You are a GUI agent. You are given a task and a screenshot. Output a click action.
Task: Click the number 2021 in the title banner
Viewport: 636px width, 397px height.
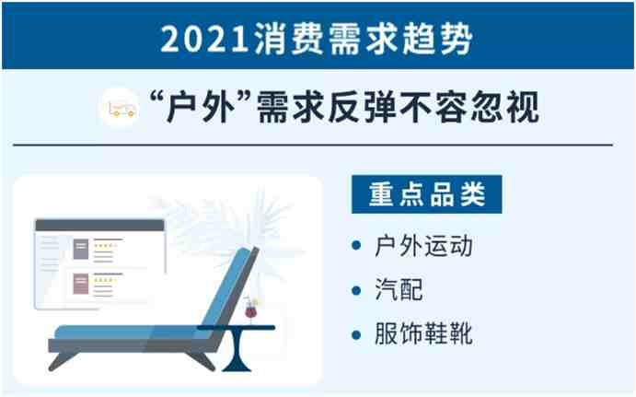204,39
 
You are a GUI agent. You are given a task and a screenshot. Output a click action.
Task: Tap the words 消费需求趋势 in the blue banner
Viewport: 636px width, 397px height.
364,39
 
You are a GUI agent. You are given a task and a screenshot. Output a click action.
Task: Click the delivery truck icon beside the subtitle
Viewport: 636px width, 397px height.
121,109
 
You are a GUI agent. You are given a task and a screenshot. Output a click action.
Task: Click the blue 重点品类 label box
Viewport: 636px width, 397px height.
427,194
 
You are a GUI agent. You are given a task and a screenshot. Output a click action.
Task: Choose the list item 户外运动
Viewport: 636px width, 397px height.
424,246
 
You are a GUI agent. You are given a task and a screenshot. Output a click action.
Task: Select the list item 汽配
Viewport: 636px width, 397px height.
399,289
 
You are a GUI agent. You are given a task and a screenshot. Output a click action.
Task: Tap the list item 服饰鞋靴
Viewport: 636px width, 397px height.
424,333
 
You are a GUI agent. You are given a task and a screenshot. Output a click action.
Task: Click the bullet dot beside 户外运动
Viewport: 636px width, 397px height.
356,246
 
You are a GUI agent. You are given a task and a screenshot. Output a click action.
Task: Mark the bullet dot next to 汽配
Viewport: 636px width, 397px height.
356,290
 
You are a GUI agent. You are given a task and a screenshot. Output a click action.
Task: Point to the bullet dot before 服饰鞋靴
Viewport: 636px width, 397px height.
356,334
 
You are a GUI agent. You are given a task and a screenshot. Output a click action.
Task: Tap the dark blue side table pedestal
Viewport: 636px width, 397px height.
237,350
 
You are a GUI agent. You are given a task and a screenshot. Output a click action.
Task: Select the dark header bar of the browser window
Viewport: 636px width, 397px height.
99,226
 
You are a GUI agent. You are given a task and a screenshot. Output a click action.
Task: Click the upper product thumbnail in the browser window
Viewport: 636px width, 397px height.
81,249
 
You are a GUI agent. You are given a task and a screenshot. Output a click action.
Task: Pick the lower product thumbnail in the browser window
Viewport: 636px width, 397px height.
81,284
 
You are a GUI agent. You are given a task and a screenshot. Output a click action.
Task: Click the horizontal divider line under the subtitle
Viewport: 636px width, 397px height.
313,145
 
